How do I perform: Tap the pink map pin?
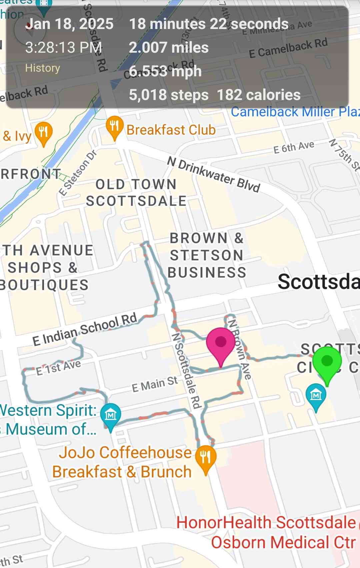click(220, 343)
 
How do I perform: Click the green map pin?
click(327, 362)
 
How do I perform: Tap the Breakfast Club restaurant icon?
click(114, 126)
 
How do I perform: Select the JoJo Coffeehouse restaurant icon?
click(206, 457)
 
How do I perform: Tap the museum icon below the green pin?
click(316, 395)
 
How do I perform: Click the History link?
click(42, 68)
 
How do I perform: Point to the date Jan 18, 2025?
click(69, 24)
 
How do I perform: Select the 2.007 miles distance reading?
click(169, 47)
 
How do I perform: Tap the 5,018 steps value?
click(169, 95)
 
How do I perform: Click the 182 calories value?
click(259, 95)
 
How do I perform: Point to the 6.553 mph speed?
click(165, 71)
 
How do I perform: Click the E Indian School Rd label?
click(85, 329)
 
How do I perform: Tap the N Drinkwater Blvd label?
click(213, 174)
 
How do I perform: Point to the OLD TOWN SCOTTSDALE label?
click(136, 193)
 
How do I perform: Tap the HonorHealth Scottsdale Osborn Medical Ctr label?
click(267, 532)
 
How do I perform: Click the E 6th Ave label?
click(294, 147)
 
